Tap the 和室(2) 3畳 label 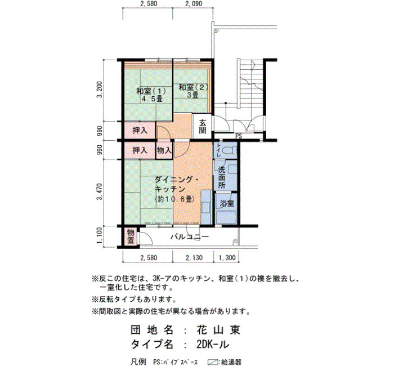pyautogui.click(x=193, y=91)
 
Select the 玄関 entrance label pyautogui.click(x=203, y=127)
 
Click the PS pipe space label pyautogui.click(x=239, y=136)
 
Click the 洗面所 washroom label pyautogui.click(x=221, y=177)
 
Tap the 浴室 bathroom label pyautogui.click(x=227, y=203)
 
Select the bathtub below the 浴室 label pyautogui.click(x=226, y=218)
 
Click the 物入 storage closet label pyautogui.click(x=164, y=150)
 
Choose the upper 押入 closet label pyautogui.click(x=140, y=131)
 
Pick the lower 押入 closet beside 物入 pyautogui.click(x=140, y=150)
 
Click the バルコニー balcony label pyautogui.click(x=190, y=237)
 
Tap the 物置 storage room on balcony pyautogui.click(x=131, y=237)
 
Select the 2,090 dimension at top pyautogui.click(x=194, y=4)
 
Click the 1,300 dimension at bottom pyautogui.click(x=227, y=258)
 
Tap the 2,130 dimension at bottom pyautogui.click(x=194, y=258)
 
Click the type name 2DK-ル pyautogui.click(x=213, y=345)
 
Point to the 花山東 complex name pyautogui.click(x=218, y=330)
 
